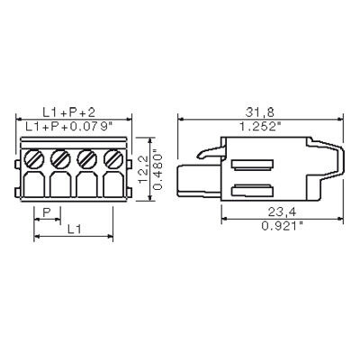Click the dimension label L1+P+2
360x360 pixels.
[x=69, y=112]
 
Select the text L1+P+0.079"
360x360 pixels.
[x=68, y=127]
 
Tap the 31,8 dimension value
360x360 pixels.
[x=260, y=112]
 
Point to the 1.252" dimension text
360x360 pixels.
[x=260, y=127]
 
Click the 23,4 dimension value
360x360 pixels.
[x=282, y=212]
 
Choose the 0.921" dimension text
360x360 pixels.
[x=283, y=226]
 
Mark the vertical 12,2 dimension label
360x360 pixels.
[x=144, y=169]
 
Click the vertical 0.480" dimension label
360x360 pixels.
[x=157, y=170]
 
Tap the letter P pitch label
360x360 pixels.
[x=47, y=212]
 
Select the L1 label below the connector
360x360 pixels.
[x=74, y=229]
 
